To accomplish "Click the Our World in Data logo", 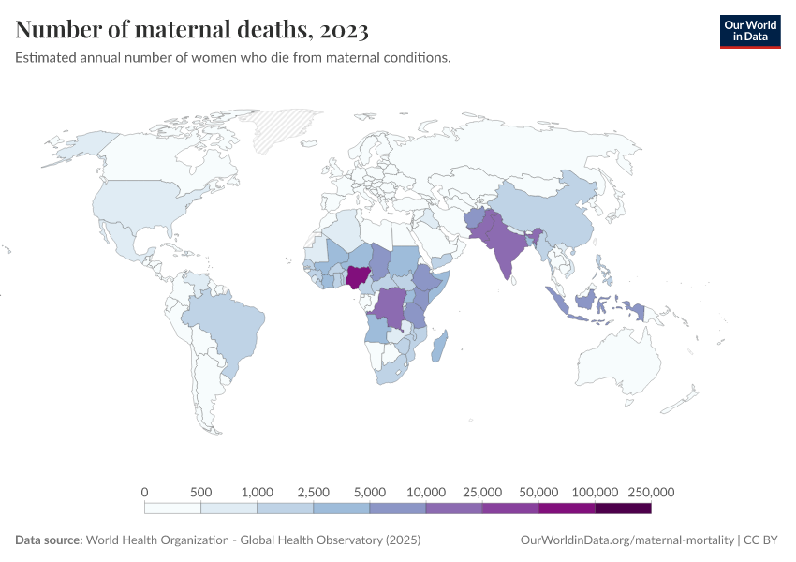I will [x=749, y=30].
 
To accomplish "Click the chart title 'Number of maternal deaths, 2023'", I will [x=192, y=30].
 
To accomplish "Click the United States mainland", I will [x=140, y=201].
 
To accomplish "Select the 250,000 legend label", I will [x=651, y=492].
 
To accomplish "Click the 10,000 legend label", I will [x=426, y=492].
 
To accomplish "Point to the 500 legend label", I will [x=200, y=492].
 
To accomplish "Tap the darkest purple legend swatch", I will [x=623, y=508].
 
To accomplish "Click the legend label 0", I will [x=144, y=492].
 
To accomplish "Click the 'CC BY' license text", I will [x=762, y=540].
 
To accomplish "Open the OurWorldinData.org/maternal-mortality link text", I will [x=626, y=540].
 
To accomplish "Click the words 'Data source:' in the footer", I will [x=49, y=540].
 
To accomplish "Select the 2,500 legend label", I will [x=313, y=492].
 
